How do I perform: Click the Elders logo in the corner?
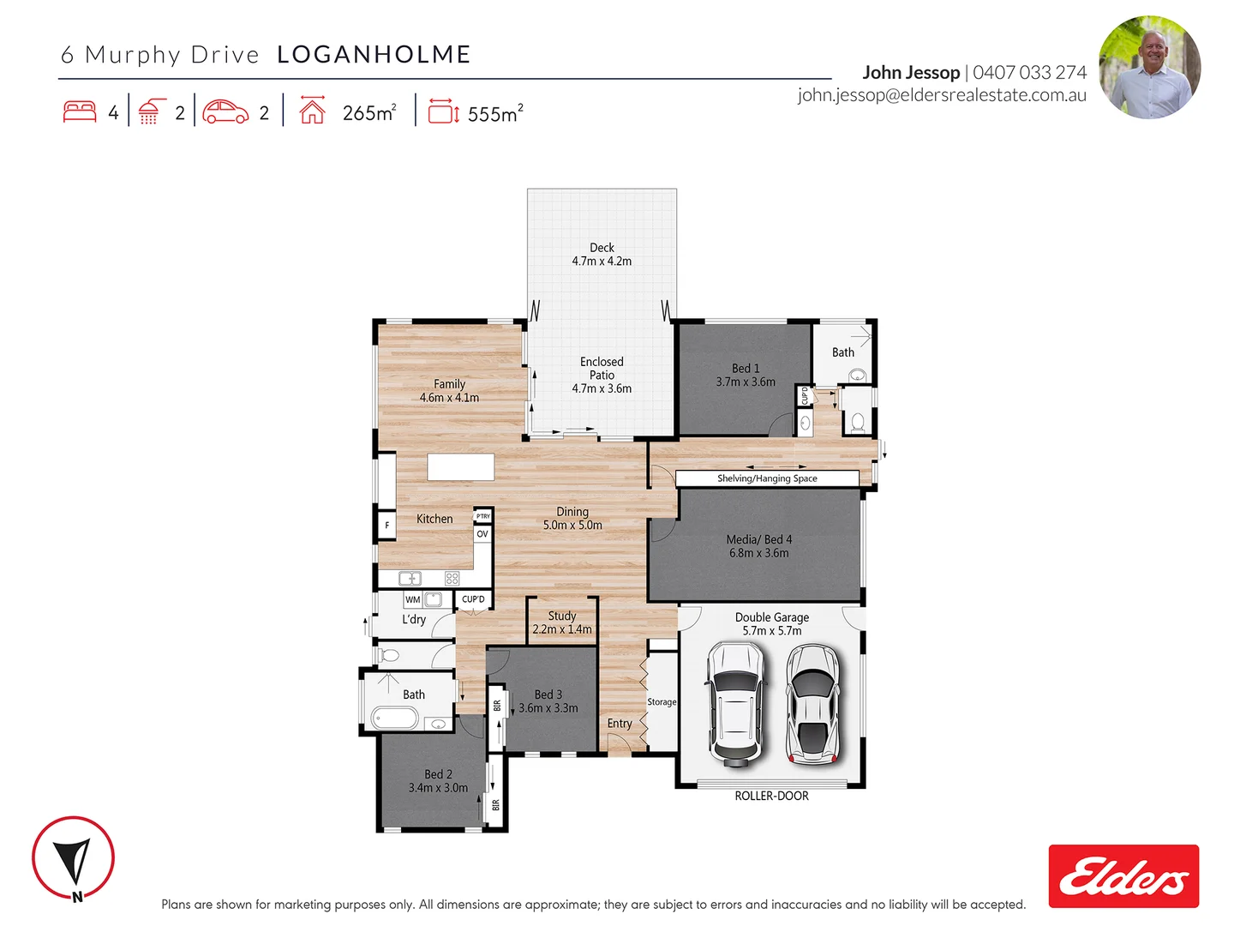1123,876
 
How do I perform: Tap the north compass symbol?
73,857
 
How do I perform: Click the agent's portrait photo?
1149,67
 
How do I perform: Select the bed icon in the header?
80,112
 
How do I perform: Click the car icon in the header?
225,112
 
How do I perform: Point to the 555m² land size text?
495,113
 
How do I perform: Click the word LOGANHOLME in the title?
374,55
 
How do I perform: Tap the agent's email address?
941,95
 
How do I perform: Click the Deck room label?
602,248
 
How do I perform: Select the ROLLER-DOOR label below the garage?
771,796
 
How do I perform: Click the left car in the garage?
734,704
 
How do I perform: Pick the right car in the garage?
811,704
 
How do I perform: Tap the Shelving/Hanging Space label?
767,478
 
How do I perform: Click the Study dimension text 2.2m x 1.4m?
561,629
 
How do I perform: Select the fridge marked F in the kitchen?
386,525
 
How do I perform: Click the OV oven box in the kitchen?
482,534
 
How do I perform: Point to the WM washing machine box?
413,599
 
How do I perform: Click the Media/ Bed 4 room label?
758,539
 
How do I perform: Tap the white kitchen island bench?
461,467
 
